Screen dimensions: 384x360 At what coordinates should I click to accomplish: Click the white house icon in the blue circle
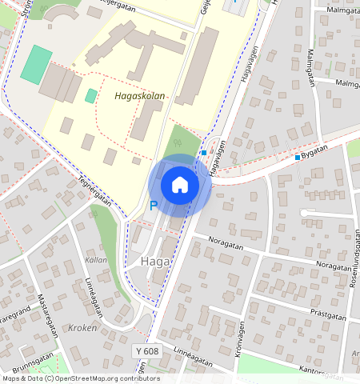[180, 185]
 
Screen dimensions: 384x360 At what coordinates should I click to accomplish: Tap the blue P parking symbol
[154, 206]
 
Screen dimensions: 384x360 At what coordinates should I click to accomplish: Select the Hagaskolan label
[140, 96]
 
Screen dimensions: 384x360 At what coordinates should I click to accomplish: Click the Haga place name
[153, 262]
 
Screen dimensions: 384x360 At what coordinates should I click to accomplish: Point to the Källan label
[95, 261]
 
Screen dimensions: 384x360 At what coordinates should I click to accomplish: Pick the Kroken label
[82, 328]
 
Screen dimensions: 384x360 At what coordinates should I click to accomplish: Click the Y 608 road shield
[146, 351]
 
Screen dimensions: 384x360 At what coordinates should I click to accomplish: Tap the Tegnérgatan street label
[94, 190]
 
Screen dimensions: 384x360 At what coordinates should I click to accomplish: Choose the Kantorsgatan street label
[326, 370]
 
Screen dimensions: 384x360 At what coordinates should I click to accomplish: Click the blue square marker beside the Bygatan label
[298, 157]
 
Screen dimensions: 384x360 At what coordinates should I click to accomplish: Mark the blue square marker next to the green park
[205, 152]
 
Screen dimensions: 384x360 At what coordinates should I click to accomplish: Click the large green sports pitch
[35, 65]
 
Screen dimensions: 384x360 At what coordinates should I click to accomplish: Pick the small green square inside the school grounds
[91, 96]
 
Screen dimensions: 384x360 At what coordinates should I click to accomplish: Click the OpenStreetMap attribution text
[80, 379]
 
